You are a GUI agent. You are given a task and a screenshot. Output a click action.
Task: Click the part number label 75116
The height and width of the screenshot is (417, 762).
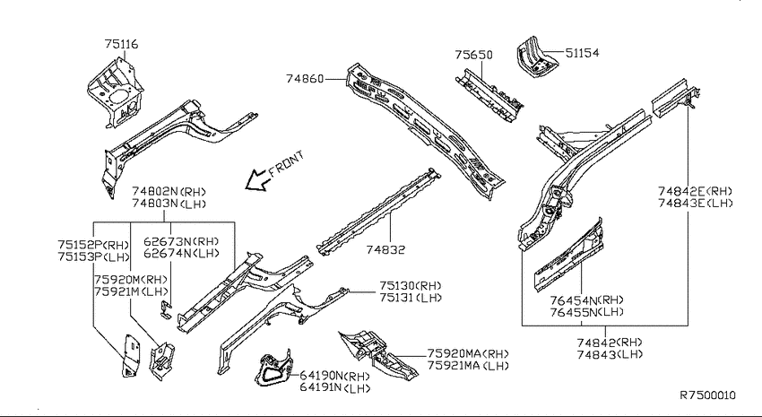(x=122, y=44)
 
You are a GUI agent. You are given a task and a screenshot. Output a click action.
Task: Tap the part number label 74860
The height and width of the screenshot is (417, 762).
(x=305, y=78)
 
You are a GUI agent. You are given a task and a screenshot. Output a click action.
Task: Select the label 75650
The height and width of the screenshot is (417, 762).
(x=473, y=55)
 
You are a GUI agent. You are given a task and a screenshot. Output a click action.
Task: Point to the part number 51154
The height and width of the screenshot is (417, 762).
(x=582, y=53)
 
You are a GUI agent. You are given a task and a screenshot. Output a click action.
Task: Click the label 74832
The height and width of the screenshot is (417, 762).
(x=385, y=250)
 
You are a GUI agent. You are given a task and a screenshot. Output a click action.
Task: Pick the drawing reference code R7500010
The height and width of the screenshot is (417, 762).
(x=707, y=395)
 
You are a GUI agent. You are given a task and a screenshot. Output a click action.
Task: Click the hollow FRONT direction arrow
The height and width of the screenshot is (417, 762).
(x=257, y=179)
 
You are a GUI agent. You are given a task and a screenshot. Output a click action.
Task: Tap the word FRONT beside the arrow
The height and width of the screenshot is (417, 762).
(x=287, y=163)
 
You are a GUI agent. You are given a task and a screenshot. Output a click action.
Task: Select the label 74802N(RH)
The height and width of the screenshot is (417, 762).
(x=169, y=192)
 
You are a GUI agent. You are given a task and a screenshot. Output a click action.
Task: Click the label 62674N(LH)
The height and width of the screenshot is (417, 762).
(x=181, y=253)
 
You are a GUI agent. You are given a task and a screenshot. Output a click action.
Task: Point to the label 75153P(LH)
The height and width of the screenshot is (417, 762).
(x=94, y=256)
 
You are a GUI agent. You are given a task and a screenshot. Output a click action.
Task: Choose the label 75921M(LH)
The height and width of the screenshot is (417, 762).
(x=131, y=291)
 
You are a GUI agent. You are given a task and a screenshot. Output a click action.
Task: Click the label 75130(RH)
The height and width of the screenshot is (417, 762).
(x=411, y=286)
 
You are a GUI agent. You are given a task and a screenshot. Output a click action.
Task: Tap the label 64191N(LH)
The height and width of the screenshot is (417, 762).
(x=335, y=387)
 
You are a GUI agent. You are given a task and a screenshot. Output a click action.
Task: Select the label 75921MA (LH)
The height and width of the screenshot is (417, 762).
(x=468, y=366)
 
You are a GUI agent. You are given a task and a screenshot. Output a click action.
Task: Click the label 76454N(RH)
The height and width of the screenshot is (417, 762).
(x=586, y=300)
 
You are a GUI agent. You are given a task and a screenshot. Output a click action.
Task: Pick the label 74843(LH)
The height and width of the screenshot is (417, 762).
(x=610, y=354)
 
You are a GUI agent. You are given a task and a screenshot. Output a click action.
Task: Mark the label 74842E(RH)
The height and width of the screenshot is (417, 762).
(x=695, y=191)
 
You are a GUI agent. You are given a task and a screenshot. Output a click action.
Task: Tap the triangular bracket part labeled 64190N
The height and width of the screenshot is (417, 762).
(x=273, y=369)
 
